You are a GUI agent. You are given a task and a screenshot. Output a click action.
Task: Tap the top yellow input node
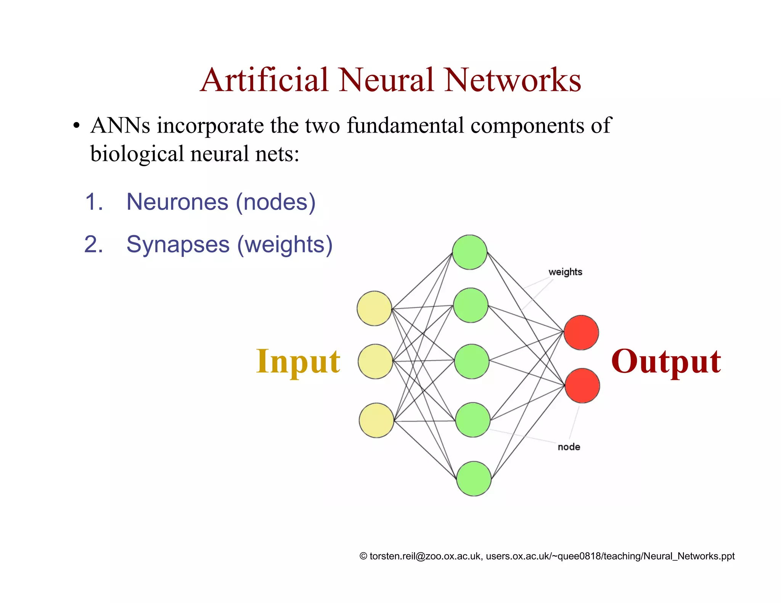(374, 308)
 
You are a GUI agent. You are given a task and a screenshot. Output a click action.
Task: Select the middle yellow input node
(375, 361)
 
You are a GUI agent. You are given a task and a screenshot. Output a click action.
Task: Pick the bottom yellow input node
(376, 420)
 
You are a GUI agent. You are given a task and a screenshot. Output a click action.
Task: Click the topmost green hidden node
(469, 252)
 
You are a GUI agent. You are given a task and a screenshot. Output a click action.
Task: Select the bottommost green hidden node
(474, 478)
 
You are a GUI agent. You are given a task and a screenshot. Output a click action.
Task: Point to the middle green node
(472, 361)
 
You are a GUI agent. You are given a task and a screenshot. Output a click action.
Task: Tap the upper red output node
(581, 332)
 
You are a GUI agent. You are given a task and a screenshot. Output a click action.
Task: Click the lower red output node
(582, 385)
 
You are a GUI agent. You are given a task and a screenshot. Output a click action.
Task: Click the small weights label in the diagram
(565, 272)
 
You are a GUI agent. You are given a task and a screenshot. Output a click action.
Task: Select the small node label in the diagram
(569, 447)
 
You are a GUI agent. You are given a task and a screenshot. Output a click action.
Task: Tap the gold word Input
(298, 362)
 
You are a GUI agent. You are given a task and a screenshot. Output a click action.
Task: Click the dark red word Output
(666, 362)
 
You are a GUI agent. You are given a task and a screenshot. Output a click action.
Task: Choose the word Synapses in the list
(178, 244)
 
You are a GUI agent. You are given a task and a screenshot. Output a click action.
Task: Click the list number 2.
(93, 244)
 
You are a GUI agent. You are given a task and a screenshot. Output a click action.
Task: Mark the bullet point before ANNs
(76, 126)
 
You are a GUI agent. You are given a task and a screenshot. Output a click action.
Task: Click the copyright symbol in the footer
(363, 556)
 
